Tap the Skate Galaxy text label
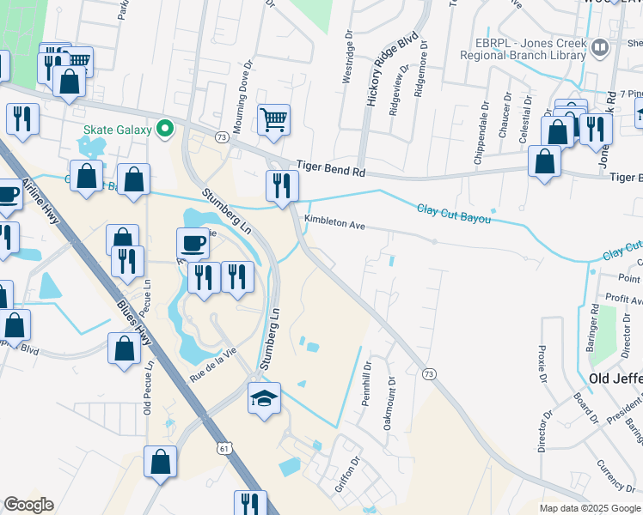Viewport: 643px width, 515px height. point(117,130)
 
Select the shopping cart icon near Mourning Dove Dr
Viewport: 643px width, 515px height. point(273,120)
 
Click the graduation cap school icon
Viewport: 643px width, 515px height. point(265,398)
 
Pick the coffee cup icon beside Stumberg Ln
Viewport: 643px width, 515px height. point(193,243)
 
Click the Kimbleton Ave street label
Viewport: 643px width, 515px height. point(334,222)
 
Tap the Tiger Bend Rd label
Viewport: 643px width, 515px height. point(331,170)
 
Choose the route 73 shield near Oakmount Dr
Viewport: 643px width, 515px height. point(428,373)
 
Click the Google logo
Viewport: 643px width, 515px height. point(28,504)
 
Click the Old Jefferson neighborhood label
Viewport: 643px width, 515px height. point(615,378)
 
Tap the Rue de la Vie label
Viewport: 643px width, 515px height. point(212,363)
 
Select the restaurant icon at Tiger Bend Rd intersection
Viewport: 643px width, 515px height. point(281,185)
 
